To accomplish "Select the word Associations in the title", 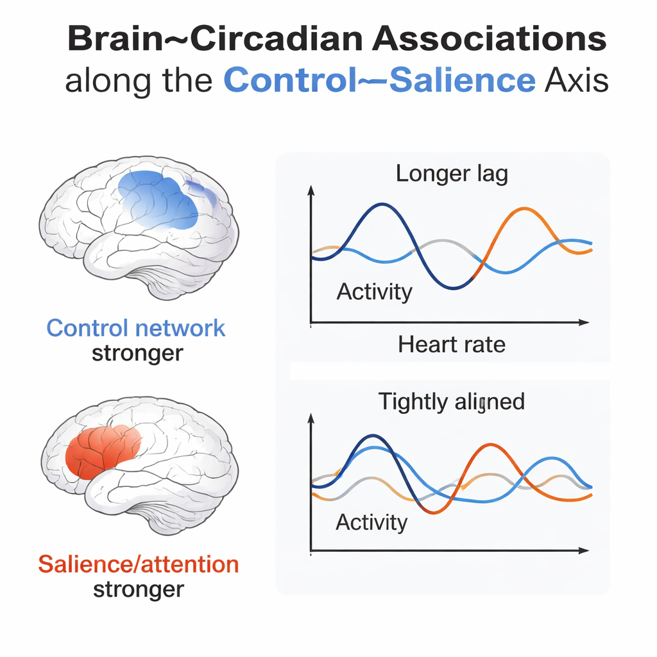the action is (x=490, y=38).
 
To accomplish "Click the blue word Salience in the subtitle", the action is (x=463, y=80).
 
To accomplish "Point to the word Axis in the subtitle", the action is (x=577, y=80).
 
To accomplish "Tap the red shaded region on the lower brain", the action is (x=103, y=452).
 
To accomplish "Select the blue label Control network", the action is (x=136, y=328).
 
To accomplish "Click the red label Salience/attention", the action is (x=139, y=565).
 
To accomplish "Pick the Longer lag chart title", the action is (x=452, y=174).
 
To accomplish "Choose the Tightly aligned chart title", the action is (x=451, y=402).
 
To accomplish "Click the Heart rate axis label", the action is (x=452, y=345).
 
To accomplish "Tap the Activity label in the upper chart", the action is (x=375, y=292).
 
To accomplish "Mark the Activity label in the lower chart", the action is (x=371, y=522).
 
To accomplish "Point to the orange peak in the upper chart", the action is (x=524, y=209).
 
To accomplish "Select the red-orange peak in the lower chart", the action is (x=490, y=445).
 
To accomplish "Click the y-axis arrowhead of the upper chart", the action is (x=311, y=191).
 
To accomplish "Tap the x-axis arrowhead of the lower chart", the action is (x=584, y=550).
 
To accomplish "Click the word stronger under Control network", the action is (x=137, y=354).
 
